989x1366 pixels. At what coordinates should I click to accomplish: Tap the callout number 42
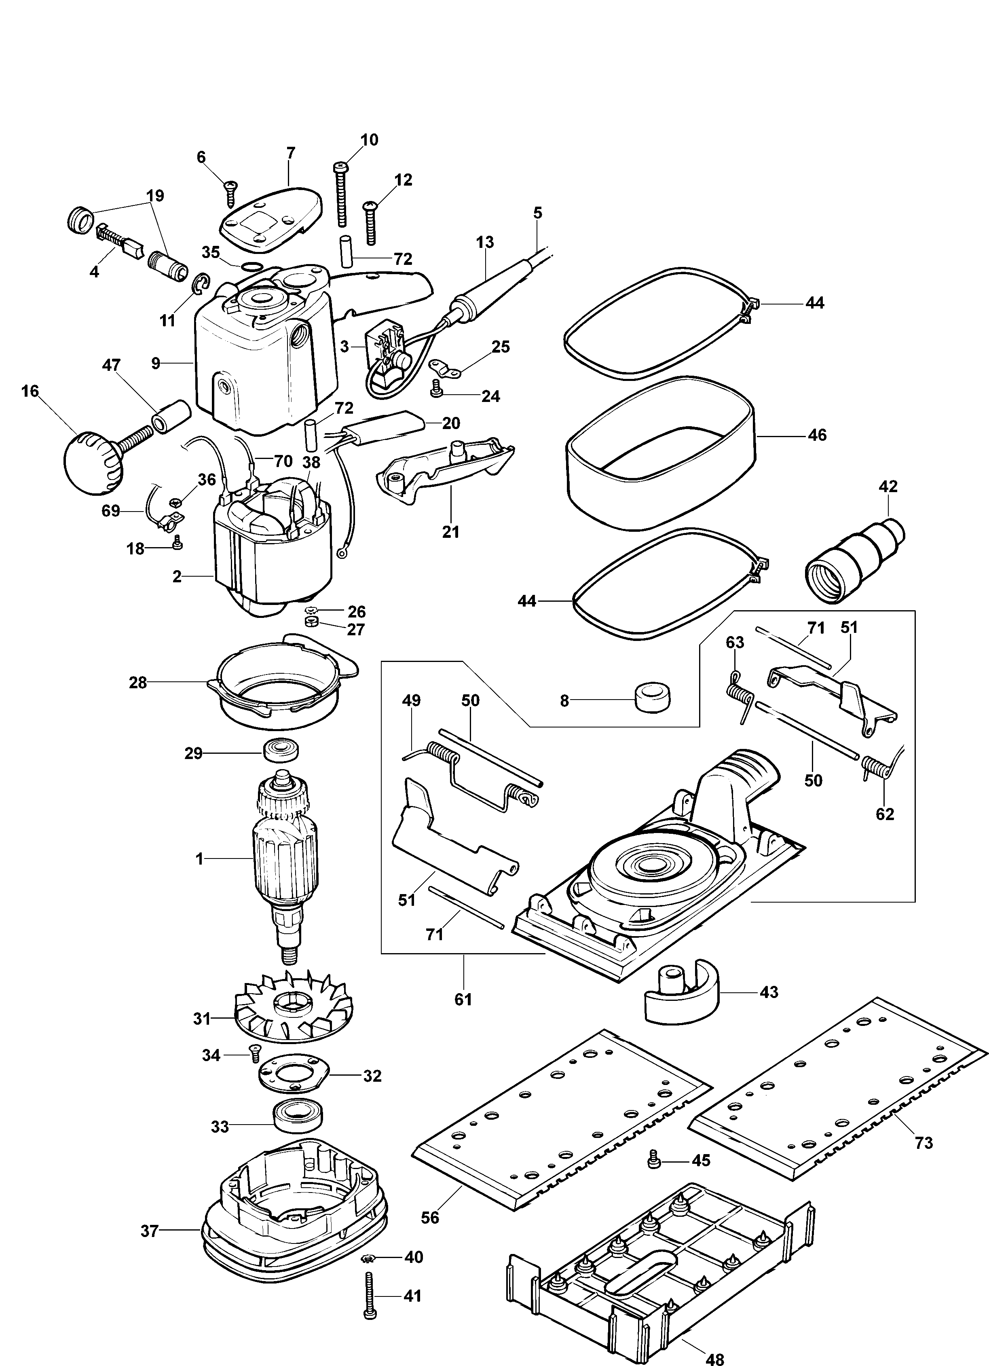[888, 486]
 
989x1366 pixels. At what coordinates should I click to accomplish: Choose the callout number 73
[923, 1142]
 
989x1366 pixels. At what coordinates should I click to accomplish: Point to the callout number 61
[463, 999]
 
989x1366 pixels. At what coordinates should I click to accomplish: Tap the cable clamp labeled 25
[444, 368]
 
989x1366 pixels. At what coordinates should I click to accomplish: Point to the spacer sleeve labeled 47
[171, 416]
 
